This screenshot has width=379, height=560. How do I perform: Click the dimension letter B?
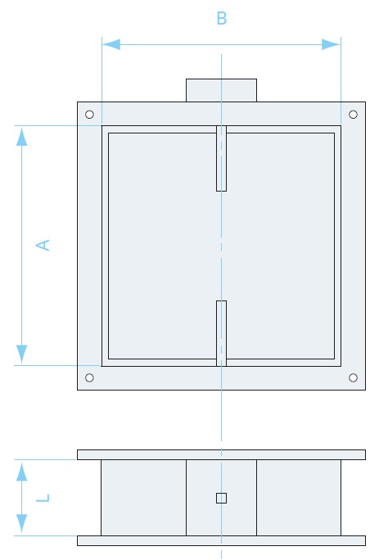coord(222,18)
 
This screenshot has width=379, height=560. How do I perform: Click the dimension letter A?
coord(43,245)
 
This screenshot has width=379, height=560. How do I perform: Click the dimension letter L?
coord(43,498)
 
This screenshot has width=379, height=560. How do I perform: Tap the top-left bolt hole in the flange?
coord(89,115)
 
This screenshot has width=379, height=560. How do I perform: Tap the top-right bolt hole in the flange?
coord(353,115)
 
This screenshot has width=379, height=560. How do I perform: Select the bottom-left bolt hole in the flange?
coord(89,377)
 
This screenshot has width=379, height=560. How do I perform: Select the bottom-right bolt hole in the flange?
coord(353,377)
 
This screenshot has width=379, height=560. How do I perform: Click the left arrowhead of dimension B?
coord(111,45)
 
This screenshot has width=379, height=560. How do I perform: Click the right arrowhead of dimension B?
coord(332,45)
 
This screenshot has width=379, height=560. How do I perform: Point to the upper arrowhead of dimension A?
coord(22,136)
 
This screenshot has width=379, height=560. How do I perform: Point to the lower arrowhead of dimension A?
coord(22,355)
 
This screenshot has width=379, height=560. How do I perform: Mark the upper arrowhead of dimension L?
coord(22,471)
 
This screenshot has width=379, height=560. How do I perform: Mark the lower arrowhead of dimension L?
coord(22,524)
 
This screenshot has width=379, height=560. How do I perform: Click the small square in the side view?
coord(222,498)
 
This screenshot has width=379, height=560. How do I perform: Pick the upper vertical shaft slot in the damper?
coord(222,158)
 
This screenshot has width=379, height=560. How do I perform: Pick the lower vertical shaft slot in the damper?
coord(222,333)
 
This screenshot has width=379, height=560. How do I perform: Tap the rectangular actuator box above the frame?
coord(222,90)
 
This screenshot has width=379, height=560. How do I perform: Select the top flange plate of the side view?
coord(222,454)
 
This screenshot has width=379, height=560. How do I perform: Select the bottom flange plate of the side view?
coord(222,540)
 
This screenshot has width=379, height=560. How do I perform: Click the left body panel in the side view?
coord(143,498)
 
